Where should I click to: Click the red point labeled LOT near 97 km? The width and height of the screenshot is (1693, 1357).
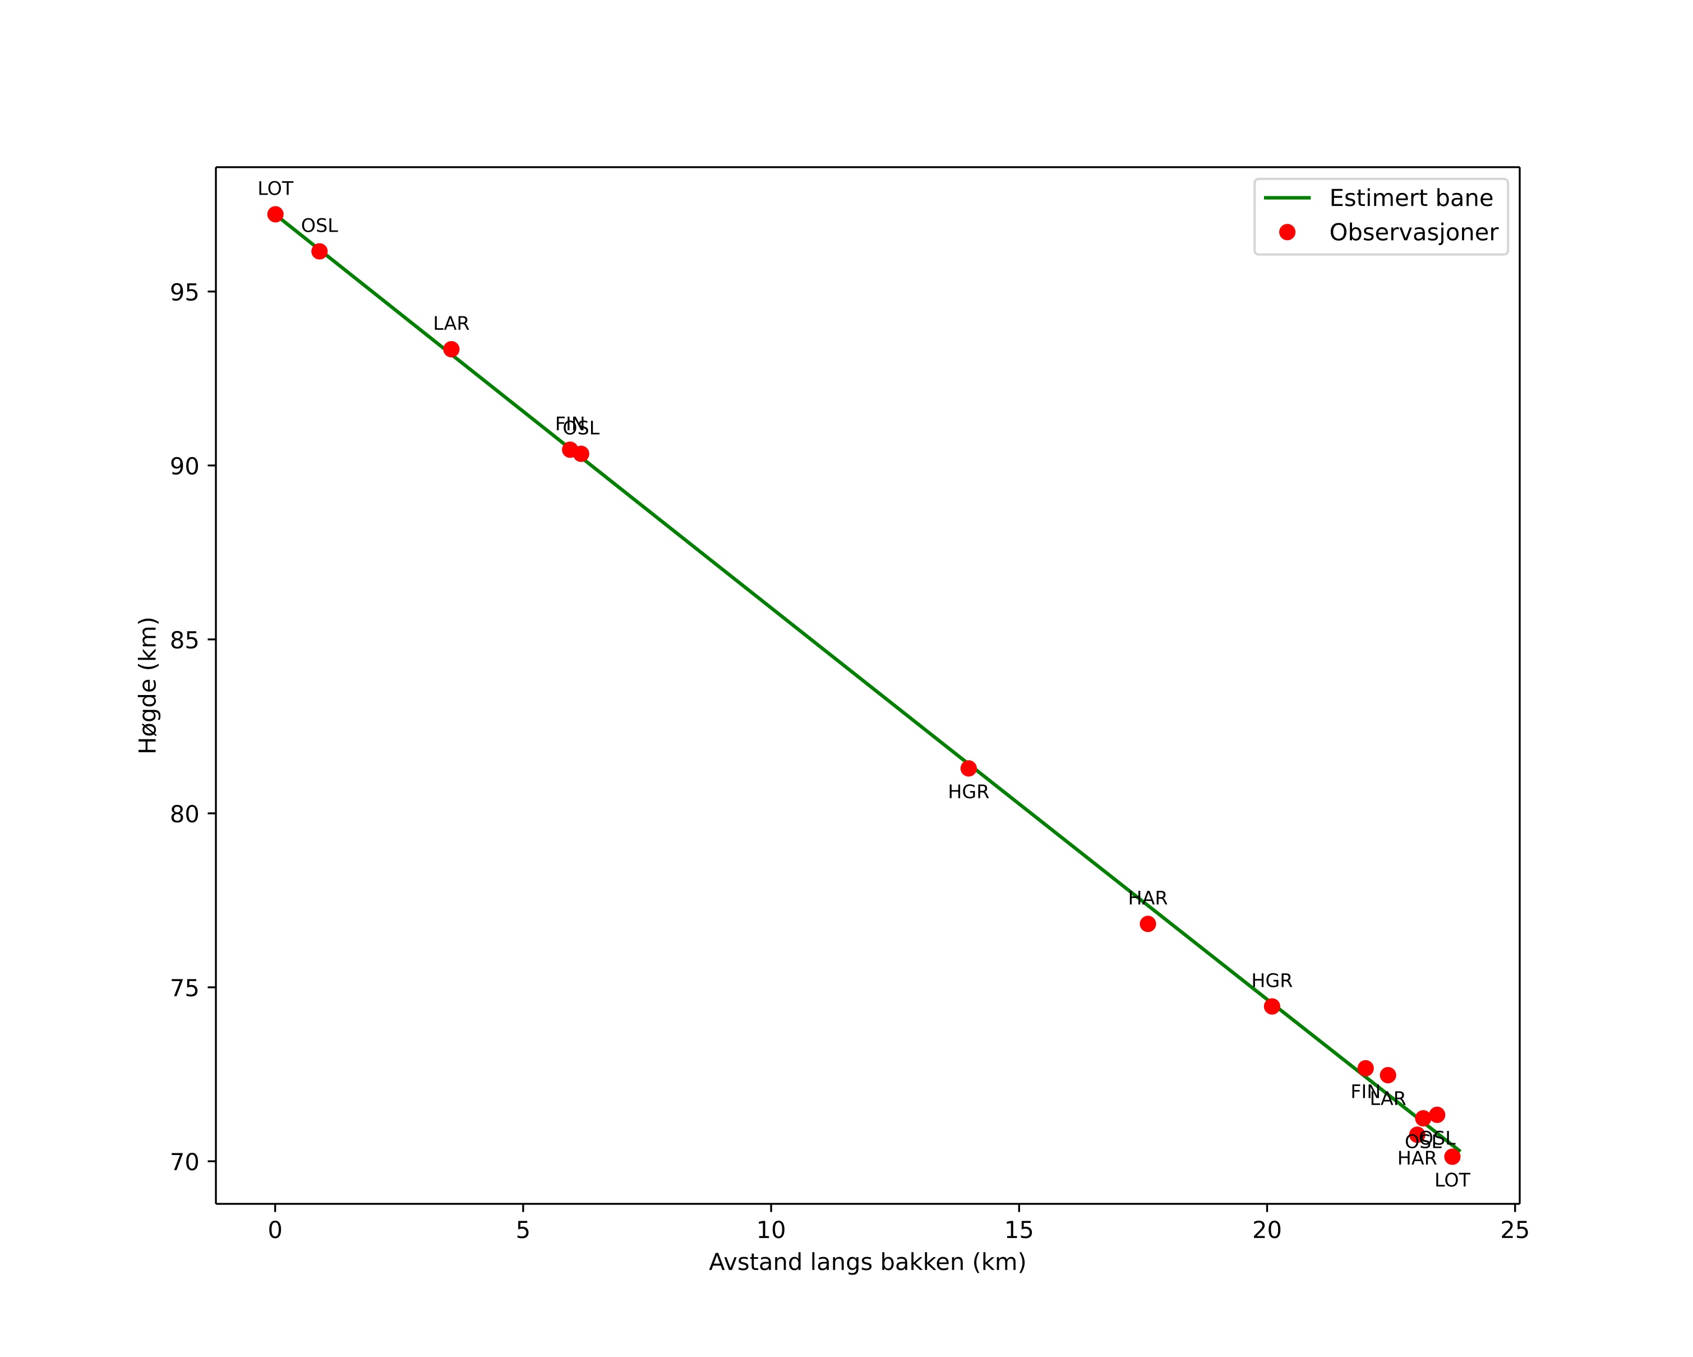275,214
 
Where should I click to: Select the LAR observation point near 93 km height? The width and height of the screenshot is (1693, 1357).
451,349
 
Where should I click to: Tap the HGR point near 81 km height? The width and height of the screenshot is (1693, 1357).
968,768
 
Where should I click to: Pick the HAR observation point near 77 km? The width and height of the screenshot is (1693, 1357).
1147,923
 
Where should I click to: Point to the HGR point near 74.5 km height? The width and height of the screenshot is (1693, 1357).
1271,1006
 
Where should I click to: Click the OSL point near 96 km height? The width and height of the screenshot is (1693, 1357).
319,251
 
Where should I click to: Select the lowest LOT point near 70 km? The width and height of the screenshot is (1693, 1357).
1452,1156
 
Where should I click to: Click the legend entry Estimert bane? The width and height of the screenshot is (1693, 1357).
1410,198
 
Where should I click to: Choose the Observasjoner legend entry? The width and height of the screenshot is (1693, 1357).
1413,232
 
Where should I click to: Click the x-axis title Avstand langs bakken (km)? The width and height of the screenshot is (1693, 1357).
867,1262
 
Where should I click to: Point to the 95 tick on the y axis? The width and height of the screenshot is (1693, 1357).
184,292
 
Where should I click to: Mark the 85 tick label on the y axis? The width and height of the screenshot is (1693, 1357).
184,640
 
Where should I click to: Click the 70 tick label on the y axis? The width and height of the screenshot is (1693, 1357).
184,1161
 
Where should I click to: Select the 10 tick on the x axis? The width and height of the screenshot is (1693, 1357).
771,1230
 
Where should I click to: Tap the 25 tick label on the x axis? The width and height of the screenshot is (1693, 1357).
1514,1230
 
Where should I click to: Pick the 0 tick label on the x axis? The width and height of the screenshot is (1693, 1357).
275,1230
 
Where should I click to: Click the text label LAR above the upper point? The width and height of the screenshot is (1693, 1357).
451,324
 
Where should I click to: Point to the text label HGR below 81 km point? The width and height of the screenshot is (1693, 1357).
968,792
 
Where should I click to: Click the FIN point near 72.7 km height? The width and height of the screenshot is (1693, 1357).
1366,1068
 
